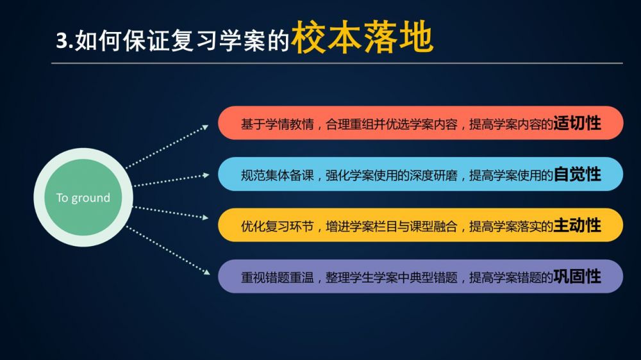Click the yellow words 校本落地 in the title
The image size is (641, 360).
362,37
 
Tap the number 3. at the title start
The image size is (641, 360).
65,41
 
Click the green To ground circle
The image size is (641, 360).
83,197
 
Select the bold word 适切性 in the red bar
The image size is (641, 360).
577,123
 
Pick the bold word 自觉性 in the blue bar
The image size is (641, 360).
577,174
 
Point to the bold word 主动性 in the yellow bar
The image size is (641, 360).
577,225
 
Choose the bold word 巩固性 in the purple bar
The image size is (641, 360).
577,277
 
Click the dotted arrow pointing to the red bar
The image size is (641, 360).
167,147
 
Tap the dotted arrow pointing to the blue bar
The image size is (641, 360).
172,181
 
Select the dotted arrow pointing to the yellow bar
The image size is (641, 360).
171,213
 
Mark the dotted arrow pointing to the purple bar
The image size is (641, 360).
168,250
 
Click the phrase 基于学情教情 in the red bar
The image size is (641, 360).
277,124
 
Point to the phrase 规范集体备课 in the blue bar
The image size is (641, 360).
277,176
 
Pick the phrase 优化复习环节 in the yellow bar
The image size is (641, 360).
277,226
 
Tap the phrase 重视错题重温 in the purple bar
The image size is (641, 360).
277,277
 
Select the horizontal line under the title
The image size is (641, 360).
337,63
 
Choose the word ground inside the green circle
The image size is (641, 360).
91,198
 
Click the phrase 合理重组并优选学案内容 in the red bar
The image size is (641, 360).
391,124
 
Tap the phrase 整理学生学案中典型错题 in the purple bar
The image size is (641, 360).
391,277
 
